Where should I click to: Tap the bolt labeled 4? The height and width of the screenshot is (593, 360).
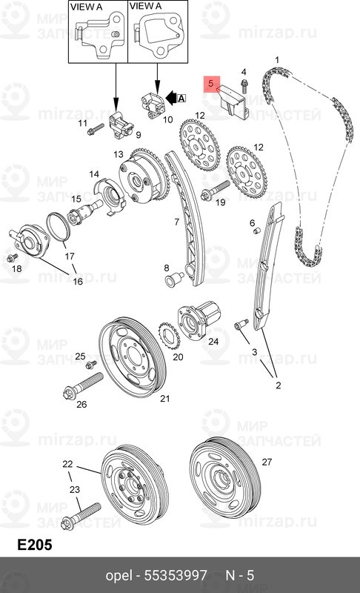tap(244, 87)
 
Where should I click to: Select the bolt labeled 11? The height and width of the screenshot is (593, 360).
tap(96, 129)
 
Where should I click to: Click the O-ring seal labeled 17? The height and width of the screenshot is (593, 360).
tap(59, 227)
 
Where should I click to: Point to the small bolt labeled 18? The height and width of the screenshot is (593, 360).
tap(13, 258)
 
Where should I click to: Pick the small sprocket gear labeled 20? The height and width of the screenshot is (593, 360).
tap(169, 337)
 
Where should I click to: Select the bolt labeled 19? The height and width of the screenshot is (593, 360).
tap(215, 191)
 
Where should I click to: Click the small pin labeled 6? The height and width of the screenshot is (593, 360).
tap(256, 231)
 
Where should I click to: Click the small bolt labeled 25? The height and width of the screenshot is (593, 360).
tap(90, 365)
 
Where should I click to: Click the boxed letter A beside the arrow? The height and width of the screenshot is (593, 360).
tap(181, 99)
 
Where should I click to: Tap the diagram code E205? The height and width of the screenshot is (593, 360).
tap(34, 545)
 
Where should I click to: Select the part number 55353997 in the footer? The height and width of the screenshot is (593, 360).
tap(176, 576)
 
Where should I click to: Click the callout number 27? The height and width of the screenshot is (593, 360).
tap(267, 462)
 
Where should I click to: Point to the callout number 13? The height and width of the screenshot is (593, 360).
tap(119, 154)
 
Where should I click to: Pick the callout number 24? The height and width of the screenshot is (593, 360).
tap(213, 342)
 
